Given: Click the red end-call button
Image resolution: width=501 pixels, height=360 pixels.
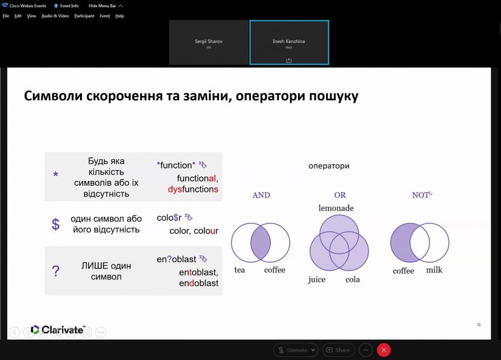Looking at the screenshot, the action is (384, 350).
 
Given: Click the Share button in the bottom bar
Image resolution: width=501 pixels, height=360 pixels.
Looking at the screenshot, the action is (339, 350).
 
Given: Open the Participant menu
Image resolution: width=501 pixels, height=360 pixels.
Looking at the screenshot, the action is (84, 16).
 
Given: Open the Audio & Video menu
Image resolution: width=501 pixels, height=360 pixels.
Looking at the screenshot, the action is (55, 16).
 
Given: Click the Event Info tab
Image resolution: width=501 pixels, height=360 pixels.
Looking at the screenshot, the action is (66, 6).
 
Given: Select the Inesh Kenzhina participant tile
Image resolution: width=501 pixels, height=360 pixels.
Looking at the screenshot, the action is (289, 42).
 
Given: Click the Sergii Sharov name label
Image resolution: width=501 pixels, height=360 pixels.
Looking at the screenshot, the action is (208, 41).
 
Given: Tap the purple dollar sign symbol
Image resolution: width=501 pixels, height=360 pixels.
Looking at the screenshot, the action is (56, 224).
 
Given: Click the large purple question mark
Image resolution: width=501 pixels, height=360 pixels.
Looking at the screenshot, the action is (56, 271).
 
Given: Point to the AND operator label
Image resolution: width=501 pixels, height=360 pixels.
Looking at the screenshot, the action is (261, 195).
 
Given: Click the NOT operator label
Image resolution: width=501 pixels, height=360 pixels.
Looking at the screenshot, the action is (420, 195).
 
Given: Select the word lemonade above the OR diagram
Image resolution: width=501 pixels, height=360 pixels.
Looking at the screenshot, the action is (336, 208).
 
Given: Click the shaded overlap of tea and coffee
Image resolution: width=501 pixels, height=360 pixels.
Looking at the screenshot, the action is (261, 242).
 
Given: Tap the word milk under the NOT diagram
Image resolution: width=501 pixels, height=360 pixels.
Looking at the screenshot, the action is (434, 270).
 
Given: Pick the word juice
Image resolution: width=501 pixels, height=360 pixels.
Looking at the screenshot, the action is (316, 279).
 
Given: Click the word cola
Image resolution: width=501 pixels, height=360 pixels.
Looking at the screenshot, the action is (352, 279).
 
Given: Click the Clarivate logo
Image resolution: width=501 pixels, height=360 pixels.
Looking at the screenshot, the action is (58, 330).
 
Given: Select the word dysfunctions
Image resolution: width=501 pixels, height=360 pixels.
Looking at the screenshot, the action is (193, 189).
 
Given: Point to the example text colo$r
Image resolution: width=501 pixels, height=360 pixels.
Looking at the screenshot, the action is (169, 217).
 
